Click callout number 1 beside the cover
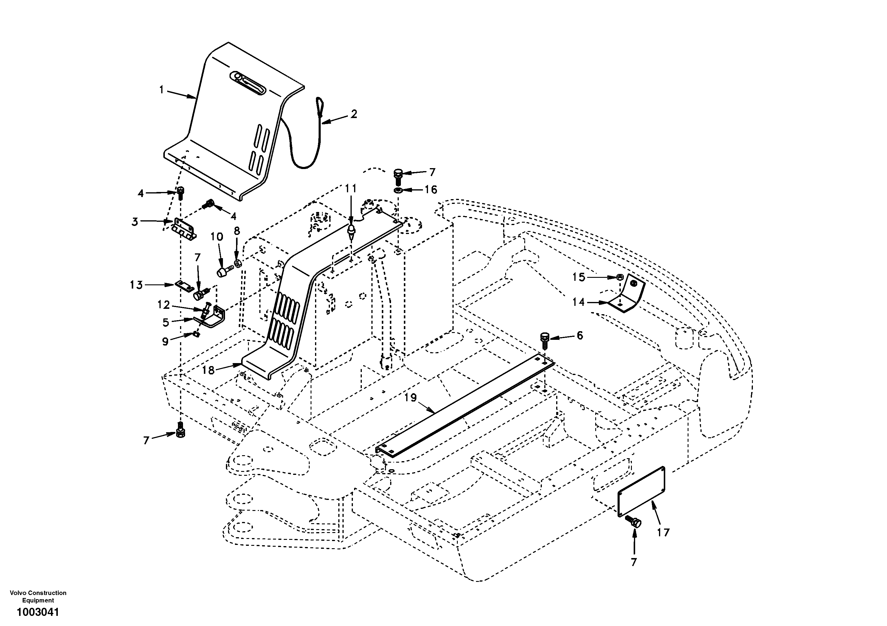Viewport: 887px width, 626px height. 162,90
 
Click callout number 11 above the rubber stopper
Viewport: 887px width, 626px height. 351,189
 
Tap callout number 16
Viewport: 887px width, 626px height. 430,190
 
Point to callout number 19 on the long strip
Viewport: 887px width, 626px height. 411,398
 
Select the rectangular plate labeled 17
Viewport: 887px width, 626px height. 642,492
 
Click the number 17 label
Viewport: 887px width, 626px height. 663,532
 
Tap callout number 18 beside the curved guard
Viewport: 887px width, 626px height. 208,370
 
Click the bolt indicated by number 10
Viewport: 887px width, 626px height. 223,272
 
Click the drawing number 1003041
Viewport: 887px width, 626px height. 38,613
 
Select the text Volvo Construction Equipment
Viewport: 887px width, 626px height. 38,596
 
